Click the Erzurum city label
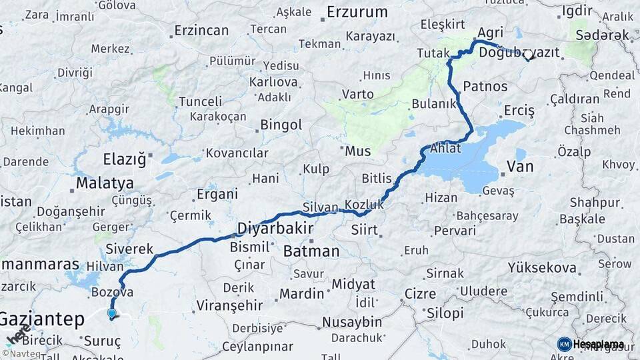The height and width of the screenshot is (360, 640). [x=357, y=12]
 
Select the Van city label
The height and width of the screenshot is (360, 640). [x=520, y=166]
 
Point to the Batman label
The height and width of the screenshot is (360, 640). [x=311, y=251]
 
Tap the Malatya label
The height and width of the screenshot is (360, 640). [x=105, y=183]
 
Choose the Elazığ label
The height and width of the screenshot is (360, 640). [x=125, y=159]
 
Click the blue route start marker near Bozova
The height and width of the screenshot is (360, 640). [x=111, y=313]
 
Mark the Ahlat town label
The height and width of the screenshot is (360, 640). [x=446, y=148]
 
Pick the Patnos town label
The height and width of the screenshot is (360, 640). [x=485, y=86]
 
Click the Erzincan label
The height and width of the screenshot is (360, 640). [x=201, y=30]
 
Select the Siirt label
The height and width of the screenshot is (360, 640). [x=364, y=230]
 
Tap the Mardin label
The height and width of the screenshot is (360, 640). [x=301, y=293]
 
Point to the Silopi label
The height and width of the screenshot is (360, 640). [x=445, y=313]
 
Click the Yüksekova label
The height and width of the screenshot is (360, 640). [x=542, y=267]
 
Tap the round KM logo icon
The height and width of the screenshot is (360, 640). [x=564, y=344]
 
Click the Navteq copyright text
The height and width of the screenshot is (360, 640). [x=21, y=353]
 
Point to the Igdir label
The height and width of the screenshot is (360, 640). [x=577, y=11]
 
